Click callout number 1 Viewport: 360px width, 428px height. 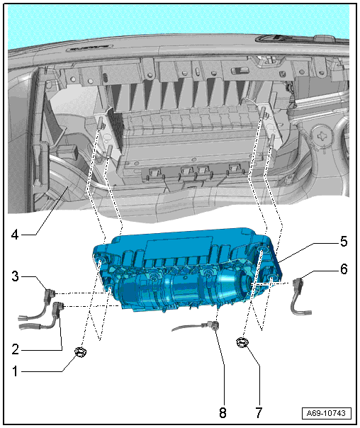[x=15, y=371]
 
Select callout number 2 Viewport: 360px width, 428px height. [x=15, y=349]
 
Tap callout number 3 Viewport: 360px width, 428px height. [x=15, y=276]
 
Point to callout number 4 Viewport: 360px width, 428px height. [x=15, y=235]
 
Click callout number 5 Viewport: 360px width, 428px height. [x=344, y=242]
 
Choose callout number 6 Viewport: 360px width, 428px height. [x=344, y=269]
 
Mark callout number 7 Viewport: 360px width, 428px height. [x=259, y=412]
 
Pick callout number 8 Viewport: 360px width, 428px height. [x=223, y=412]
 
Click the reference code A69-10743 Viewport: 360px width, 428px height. [x=326, y=413]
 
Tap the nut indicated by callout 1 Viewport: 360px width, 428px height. [x=80, y=352]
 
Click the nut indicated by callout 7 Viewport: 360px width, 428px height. [x=242, y=342]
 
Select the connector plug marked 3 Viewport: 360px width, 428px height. [x=49, y=296]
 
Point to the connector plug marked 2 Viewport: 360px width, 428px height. [x=58, y=309]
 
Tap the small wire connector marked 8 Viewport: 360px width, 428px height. [x=213, y=325]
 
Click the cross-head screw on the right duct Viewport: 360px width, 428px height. [x=322, y=135]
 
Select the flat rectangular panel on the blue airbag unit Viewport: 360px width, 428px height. [x=179, y=248]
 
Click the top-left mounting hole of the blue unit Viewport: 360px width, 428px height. [x=100, y=259]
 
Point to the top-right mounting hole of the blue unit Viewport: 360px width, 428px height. [x=261, y=249]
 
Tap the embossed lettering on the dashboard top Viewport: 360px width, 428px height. [x=89, y=48]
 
